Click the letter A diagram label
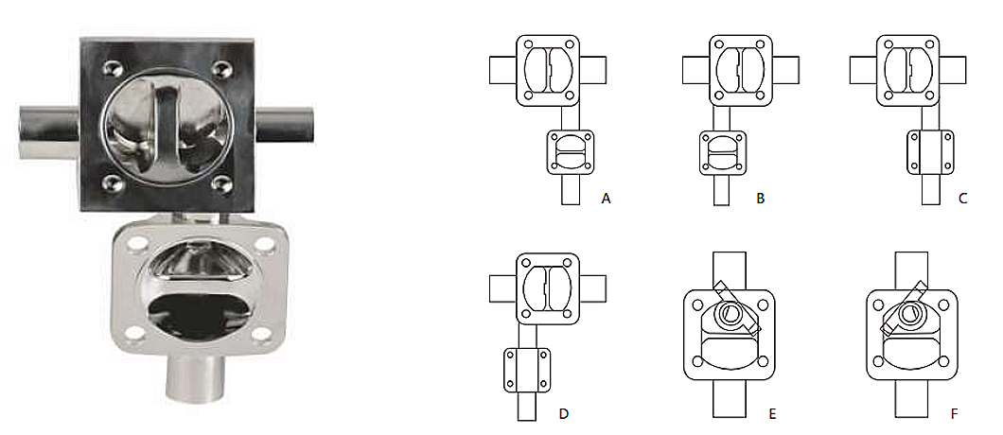click(607, 199)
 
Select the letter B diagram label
click(761, 199)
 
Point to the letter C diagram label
click(963, 199)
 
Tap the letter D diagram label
click(564, 413)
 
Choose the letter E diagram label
click(773, 413)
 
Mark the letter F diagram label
click(955, 413)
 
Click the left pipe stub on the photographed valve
click(49, 131)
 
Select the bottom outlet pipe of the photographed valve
click(195, 380)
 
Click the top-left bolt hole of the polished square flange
click(112, 66)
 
